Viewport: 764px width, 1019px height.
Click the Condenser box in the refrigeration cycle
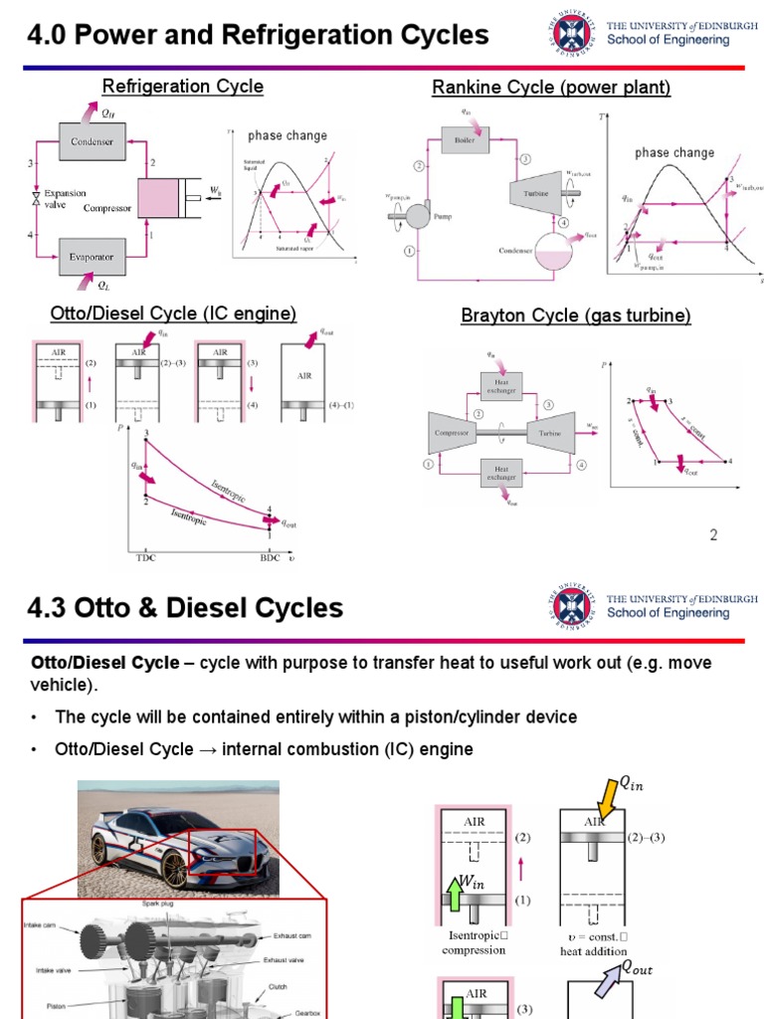click(x=92, y=141)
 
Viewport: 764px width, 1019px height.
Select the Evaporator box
click(x=92, y=256)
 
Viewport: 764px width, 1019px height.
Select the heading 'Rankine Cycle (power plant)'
click(x=551, y=88)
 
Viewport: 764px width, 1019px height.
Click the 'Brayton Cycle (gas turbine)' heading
click(x=576, y=315)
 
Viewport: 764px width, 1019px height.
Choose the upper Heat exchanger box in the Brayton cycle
click(x=499, y=384)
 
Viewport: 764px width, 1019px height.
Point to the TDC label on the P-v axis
click(x=145, y=558)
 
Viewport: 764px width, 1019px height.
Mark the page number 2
click(x=712, y=535)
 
